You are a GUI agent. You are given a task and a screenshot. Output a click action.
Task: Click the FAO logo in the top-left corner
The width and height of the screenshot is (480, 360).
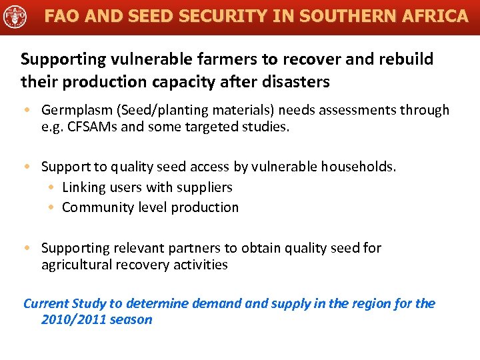click(x=15, y=15)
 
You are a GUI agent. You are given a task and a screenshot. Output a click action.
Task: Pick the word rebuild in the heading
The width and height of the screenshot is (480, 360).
click(x=407, y=59)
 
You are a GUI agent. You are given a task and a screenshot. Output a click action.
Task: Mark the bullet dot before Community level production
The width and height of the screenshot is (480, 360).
click(x=51, y=208)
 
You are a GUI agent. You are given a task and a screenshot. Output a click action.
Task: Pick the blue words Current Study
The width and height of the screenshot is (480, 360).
click(x=65, y=304)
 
